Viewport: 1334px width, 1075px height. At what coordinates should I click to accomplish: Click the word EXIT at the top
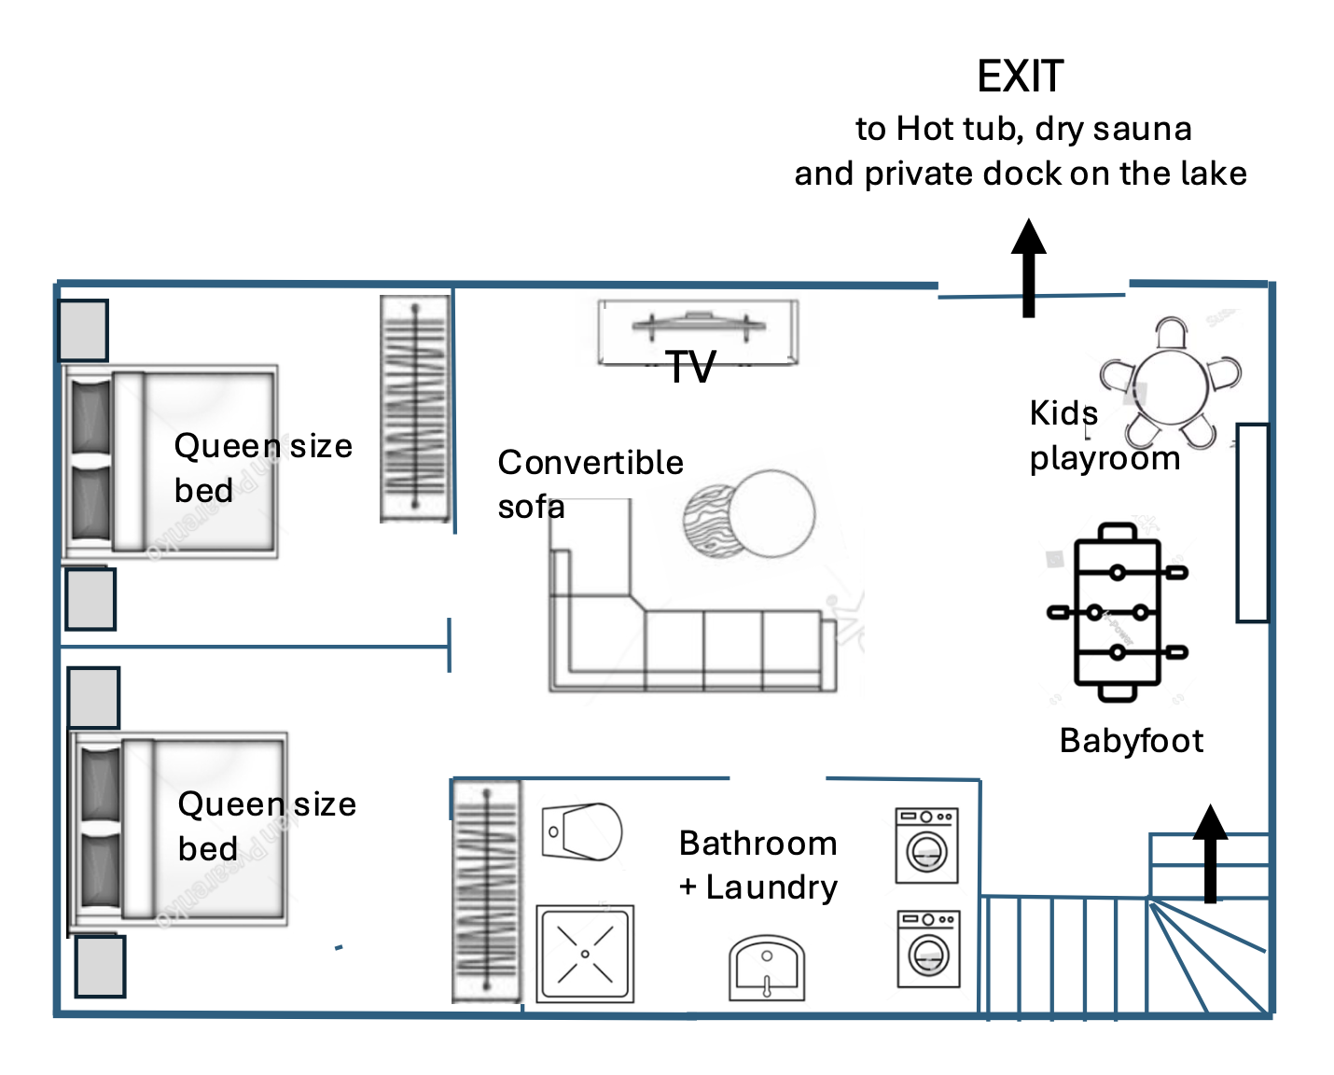click(1020, 77)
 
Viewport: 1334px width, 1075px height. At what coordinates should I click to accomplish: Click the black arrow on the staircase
click(1211, 853)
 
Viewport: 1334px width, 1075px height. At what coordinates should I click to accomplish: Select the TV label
click(691, 367)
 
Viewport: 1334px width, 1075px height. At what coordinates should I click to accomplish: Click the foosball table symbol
click(1117, 611)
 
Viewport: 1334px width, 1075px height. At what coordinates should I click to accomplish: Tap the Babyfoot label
click(1131, 741)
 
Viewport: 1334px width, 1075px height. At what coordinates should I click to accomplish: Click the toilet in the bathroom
click(583, 831)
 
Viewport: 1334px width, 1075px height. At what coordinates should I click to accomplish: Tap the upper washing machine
click(926, 845)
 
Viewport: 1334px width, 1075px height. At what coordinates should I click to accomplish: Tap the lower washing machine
click(928, 948)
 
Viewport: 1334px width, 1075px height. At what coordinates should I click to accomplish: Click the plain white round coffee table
click(772, 512)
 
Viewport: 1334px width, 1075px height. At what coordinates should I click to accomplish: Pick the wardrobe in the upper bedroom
click(415, 409)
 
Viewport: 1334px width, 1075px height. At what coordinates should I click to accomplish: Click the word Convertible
click(591, 463)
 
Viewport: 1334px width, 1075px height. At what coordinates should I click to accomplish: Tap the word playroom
click(1105, 459)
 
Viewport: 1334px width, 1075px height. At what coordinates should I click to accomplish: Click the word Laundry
click(771, 887)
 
